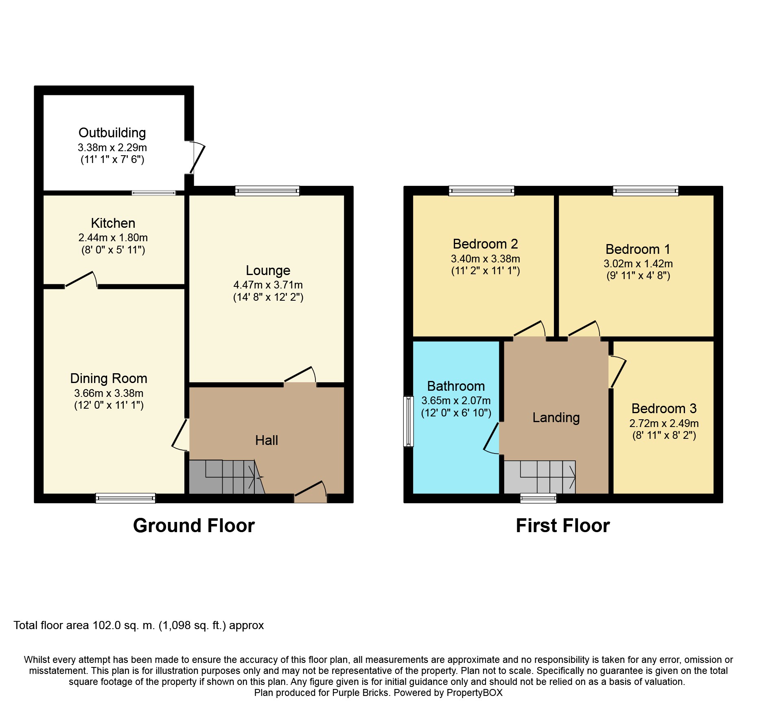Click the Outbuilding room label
[112, 133]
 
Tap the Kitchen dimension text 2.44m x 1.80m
[113, 238]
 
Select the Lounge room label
[268, 271]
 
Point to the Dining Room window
[125, 498]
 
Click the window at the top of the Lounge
[267, 191]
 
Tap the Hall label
[267, 440]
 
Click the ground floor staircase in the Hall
[226, 477]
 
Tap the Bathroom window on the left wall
[409, 421]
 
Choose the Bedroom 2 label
[486, 244]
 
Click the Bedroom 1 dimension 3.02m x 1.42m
[638, 264]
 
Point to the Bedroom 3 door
[617, 372]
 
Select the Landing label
[556, 418]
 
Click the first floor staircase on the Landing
[540, 477]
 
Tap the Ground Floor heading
[194, 526]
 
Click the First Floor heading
[563, 526]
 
